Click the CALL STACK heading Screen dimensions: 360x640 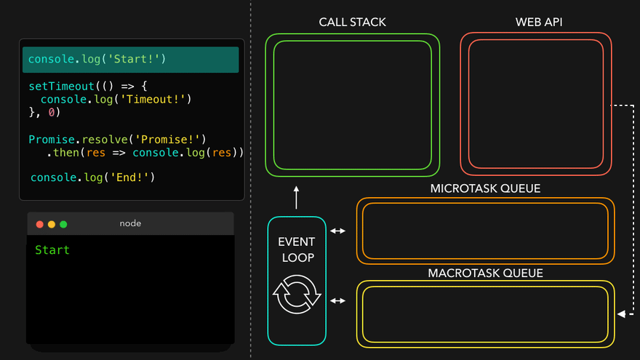coord(352,22)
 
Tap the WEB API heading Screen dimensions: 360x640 coord(539,22)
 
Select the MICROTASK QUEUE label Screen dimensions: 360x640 coord(485,189)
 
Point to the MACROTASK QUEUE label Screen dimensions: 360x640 coord(485,273)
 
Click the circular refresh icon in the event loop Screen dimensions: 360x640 coord(297,294)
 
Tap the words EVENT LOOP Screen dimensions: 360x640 coord(297,249)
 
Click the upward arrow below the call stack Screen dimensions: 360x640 coord(297,196)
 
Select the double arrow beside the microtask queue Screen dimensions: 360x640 coord(338,231)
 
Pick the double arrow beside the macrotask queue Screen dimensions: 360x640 coord(338,300)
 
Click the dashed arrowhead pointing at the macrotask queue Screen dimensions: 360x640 coord(621,314)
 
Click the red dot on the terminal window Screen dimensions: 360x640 coord(40,224)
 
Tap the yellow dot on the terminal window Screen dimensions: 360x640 coord(52,224)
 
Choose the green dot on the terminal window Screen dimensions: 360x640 coord(63,224)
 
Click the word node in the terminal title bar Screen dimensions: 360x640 coord(130,223)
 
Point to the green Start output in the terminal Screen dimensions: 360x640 coord(52,250)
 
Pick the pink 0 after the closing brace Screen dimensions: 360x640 coord(52,113)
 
